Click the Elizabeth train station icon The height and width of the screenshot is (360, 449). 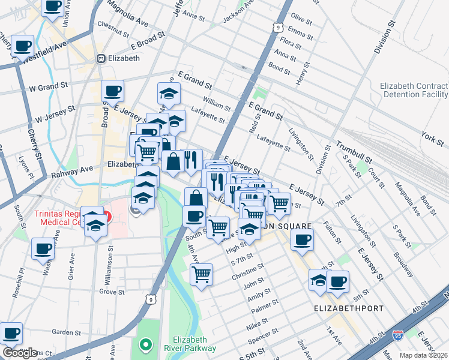point(101,58)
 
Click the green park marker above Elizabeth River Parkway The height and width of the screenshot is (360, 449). point(145,344)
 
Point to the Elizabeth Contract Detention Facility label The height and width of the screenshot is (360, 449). point(414,90)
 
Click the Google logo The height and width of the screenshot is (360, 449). point(20,353)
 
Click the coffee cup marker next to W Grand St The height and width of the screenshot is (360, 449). point(113,92)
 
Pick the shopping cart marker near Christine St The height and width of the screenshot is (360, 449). point(202,275)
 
